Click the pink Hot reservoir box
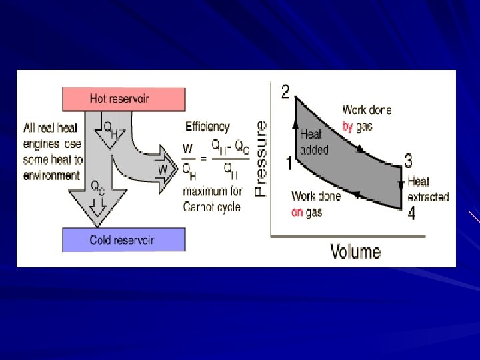[123, 99]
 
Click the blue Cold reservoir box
[124, 239]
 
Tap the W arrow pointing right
[163, 170]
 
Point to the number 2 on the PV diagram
[285, 92]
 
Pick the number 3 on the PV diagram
[408, 161]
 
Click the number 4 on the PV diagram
[411, 214]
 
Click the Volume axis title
[355, 251]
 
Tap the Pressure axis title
[261, 158]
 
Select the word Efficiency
[207, 127]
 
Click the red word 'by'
[347, 126]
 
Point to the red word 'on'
[297, 213]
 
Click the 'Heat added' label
[314, 142]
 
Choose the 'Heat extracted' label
[428, 189]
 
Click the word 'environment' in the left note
[51, 175]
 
